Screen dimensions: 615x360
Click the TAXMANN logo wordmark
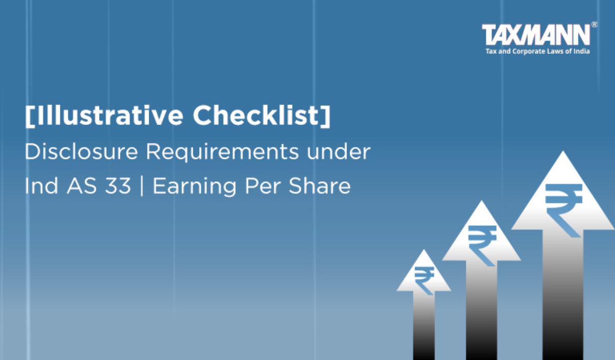(536, 34)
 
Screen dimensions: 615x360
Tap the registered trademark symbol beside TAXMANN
(594, 25)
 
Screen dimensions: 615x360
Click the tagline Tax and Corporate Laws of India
(538, 51)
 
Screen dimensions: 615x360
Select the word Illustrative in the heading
(110, 115)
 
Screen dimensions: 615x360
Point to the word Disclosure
(81, 152)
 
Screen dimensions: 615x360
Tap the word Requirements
(222, 152)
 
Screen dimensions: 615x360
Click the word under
(339, 152)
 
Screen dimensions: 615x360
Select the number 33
(117, 186)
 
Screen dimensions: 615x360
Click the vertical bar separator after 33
(141, 186)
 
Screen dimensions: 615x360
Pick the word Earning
(194, 186)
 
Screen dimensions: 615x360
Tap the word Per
(262, 186)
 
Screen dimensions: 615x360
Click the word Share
(319, 186)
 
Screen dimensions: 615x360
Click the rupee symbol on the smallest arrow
(424, 281)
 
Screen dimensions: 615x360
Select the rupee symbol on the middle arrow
(482, 245)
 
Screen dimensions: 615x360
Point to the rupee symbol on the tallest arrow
(563, 210)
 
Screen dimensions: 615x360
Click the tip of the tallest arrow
(563, 151)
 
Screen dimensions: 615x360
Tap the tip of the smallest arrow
(424, 249)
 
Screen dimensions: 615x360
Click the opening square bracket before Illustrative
(30, 116)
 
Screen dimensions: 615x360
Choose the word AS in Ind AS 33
(81, 186)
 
